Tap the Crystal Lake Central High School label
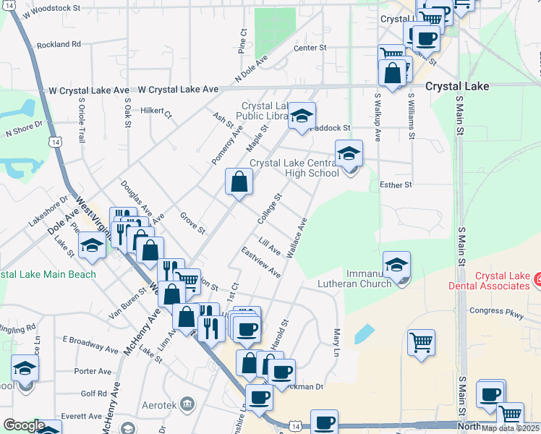pos(294,168)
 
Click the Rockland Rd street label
pos(59,44)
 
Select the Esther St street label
pos(396,184)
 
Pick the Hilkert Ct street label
pos(156,112)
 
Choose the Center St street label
pos(310,48)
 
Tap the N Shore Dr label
pos(25,132)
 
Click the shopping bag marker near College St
pos(238,183)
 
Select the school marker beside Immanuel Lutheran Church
pos(396,265)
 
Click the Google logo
pos(23,425)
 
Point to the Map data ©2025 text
pos(511,428)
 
